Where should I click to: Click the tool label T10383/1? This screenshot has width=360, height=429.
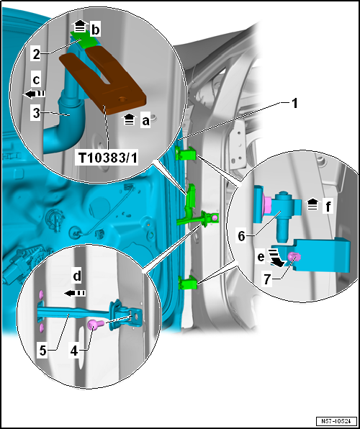(x=107, y=158)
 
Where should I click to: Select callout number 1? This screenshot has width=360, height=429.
(x=294, y=104)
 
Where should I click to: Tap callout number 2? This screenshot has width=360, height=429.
(x=37, y=55)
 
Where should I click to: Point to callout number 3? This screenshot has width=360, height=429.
(x=37, y=113)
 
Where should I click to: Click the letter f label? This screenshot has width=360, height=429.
(x=328, y=207)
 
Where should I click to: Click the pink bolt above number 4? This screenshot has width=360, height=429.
(x=95, y=325)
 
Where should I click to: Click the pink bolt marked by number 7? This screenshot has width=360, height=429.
(x=294, y=257)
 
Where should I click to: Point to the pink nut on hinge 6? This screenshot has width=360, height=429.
(x=266, y=205)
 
